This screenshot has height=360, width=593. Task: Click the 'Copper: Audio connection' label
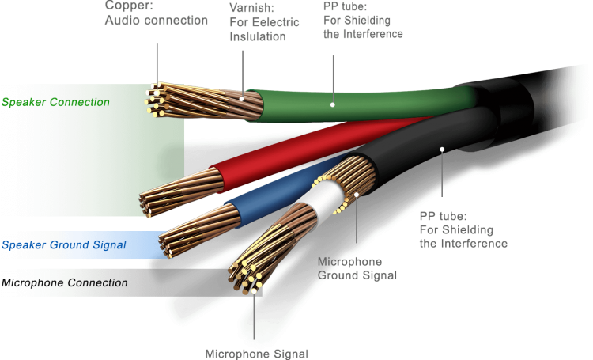pyautogui.click(x=157, y=13)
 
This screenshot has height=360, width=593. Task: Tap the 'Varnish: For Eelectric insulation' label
pyautogui.click(x=264, y=22)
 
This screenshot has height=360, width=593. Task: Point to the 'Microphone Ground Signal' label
pyautogui.click(x=357, y=268)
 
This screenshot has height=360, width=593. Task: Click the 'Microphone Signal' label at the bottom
pyautogui.click(x=256, y=353)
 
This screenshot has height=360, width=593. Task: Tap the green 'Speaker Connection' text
pyautogui.click(x=55, y=103)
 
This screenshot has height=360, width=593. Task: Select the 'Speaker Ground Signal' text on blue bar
pyautogui.click(x=64, y=245)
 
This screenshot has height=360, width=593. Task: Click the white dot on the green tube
pyautogui.click(x=333, y=104)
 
